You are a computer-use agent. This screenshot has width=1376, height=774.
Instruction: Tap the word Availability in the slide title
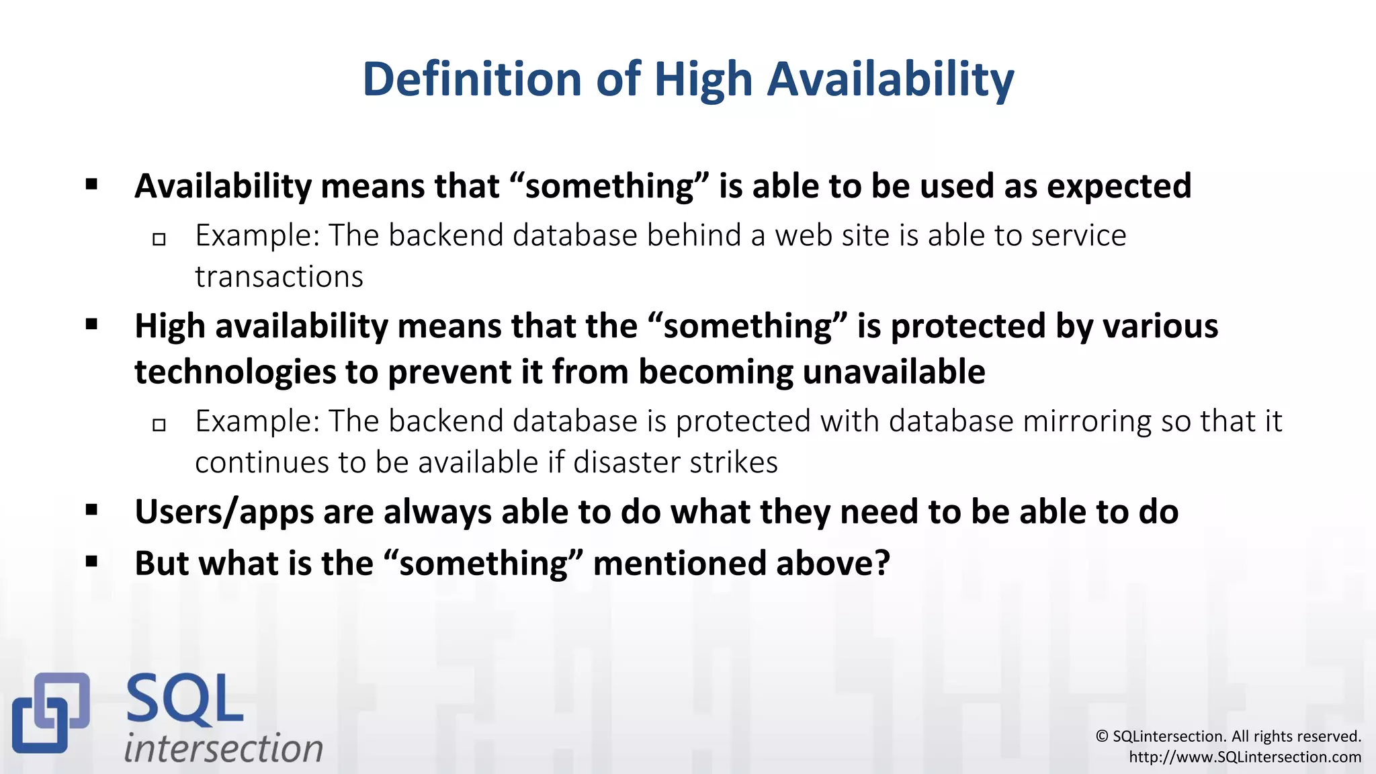pyautogui.click(x=890, y=79)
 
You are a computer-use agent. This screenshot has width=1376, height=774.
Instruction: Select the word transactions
pyautogui.click(x=279, y=277)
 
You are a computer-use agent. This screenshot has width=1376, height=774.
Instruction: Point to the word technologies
pyautogui.click(x=234, y=372)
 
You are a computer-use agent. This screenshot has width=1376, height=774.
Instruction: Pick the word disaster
pyautogui.click(x=620, y=463)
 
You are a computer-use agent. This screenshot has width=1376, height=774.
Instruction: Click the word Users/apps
pyautogui.click(x=224, y=512)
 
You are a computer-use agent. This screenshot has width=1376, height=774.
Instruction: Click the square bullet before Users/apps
pyautogui.click(x=92, y=511)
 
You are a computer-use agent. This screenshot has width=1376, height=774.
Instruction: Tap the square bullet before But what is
pyautogui.click(x=92, y=562)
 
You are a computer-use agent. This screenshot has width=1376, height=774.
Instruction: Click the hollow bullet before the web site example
pyautogui.click(x=159, y=239)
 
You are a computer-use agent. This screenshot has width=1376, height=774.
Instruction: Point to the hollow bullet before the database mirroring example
pyautogui.click(x=159, y=425)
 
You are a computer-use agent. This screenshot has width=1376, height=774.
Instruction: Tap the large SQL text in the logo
pyautogui.click(x=184, y=701)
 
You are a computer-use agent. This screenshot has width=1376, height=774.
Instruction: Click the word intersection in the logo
pyautogui.click(x=224, y=748)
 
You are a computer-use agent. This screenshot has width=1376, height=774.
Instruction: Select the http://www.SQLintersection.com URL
pyautogui.click(x=1244, y=757)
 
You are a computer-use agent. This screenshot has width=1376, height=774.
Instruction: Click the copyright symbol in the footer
pyautogui.click(x=1102, y=736)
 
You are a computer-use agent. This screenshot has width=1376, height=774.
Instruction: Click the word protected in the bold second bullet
pyautogui.click(x=968, y=327)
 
